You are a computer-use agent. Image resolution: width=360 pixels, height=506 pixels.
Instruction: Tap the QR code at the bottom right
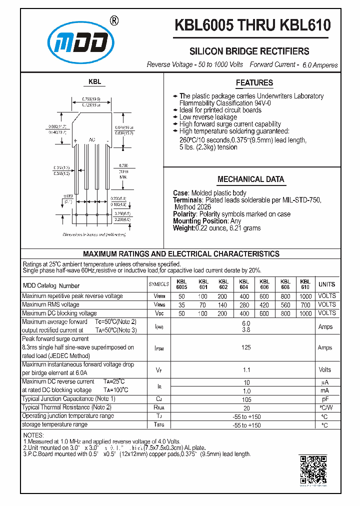[x=312, y=469]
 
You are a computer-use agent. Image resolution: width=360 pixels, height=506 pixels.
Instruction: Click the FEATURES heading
[x=254, y=83]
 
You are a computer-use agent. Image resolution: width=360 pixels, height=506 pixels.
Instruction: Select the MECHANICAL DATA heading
[x=250, y=179]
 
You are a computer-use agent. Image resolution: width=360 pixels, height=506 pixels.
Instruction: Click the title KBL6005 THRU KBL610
[x=252, y=25]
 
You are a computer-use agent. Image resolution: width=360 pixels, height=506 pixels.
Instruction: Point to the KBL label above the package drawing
[x=94, y=81]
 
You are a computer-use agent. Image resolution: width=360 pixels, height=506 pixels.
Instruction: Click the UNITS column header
[x=326, y=284]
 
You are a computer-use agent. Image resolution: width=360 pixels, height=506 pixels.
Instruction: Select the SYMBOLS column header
[x=159, y=284]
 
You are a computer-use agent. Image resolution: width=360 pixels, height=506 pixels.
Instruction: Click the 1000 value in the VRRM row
[x=305, y=296]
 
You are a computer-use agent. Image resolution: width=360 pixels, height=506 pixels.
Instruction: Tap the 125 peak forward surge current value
[x=245, y=347]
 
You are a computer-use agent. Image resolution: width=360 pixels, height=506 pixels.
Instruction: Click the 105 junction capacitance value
[x=245, y=399]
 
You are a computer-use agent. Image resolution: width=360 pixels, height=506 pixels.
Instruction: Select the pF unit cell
[x=324, y=399]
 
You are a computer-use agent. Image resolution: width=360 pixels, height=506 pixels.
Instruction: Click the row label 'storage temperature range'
[x=55, y=424]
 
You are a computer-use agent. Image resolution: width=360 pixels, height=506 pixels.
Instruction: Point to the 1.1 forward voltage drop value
[x=245, y=369]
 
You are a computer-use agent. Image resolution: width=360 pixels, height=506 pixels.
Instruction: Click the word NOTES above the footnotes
[x=33, y=435]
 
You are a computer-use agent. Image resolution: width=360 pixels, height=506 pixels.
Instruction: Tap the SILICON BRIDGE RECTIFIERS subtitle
[x=248, y=51]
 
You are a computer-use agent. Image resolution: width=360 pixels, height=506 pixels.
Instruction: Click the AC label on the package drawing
[x=91, y=140]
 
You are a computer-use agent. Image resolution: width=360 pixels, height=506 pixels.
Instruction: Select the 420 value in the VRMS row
[x=264, y=304]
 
